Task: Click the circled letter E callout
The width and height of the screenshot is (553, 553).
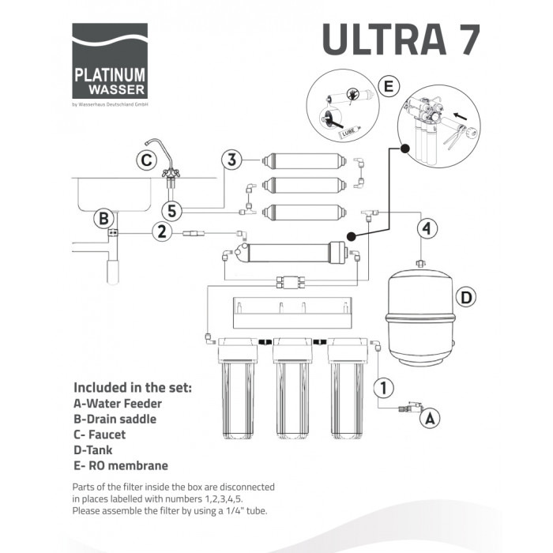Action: coord(389,86)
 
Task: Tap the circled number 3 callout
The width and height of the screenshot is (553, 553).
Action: coord(231,160)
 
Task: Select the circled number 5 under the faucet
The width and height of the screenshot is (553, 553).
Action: coord(171,211)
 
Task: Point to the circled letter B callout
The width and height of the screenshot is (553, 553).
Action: coord(103,219)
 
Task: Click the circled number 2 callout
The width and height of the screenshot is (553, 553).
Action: coord(162,231)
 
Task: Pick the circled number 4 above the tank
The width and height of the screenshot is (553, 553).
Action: coord(427,228)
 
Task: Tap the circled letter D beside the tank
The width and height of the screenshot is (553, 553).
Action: coord(466,297)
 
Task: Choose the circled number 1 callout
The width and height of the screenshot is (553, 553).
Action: coord(384,388)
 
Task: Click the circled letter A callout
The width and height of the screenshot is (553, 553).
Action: coord(430,418)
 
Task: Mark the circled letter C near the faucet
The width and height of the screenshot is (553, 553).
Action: coord(146,160)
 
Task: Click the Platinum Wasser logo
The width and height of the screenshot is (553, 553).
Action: coord(110,61)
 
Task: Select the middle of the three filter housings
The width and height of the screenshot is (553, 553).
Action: coord(292,388)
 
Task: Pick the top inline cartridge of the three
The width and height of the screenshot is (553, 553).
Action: coord(304,161)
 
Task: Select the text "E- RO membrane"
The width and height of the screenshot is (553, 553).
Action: coord(121,465)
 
